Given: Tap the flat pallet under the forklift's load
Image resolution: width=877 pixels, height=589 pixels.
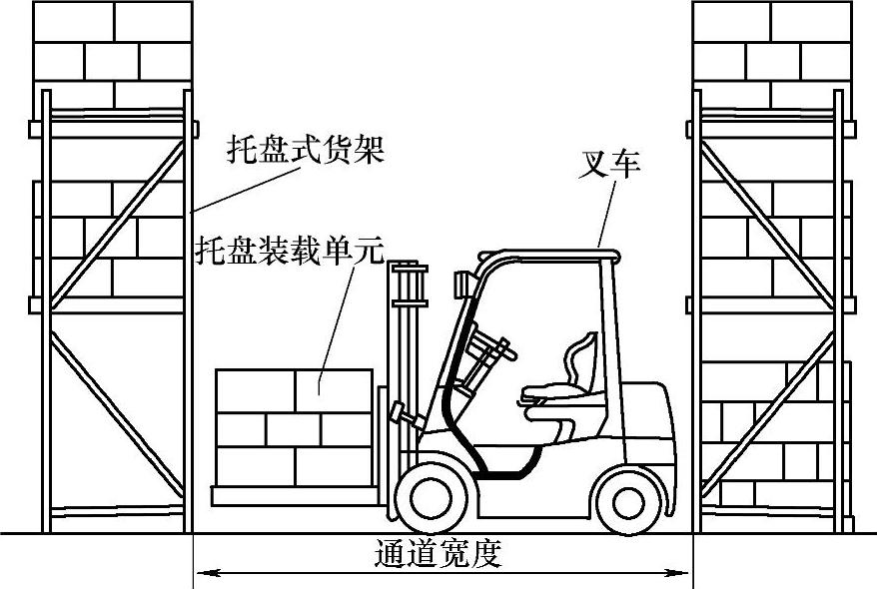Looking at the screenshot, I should coord(295,493).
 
